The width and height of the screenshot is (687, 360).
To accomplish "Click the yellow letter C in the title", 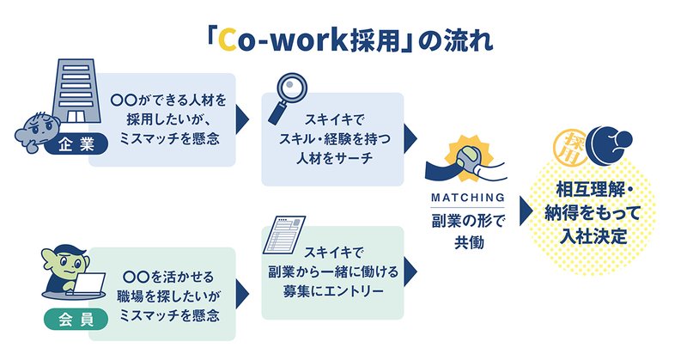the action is pyautogui.click(x=228, y=40).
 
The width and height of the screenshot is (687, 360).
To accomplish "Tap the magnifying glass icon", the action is pyautogui.click(x=287, y=98).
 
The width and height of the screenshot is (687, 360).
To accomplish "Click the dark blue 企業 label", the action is pyautogui.click(x=76, y=144).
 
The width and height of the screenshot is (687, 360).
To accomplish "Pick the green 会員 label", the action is pyautogui.click(x=76, y=320).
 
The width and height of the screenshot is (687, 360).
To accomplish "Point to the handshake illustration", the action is pyautogui.click(x=465, y=162).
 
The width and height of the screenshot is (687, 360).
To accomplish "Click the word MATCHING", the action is pyautogui.click(x=467, y=198).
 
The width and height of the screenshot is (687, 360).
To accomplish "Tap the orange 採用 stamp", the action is pyautogui.click(x=571, y=148).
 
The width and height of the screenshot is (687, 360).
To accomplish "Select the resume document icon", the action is pyautogui.click(x=284, y=235).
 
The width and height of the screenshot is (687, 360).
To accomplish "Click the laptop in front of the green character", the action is pyautogui.click(x=88, y=284).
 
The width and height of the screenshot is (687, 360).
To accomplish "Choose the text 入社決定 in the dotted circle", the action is pyautogui.click(x=593, y=237).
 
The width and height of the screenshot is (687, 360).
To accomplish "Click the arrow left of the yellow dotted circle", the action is pyautogui.click(x=526, y=211).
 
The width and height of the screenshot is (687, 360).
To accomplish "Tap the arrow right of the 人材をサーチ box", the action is pyautogui.click(x=410, y=139).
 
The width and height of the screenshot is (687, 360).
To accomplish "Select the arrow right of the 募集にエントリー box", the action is pyautogui.click(x=410, y=272).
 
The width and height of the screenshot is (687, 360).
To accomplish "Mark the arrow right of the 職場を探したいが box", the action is pyautogui.click(x=242, y=294).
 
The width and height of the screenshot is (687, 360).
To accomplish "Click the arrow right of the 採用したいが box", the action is pyautogui.click(x=242, y=119).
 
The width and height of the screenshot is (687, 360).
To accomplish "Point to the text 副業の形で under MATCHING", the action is pyautogui.click(x=468, y=221).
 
